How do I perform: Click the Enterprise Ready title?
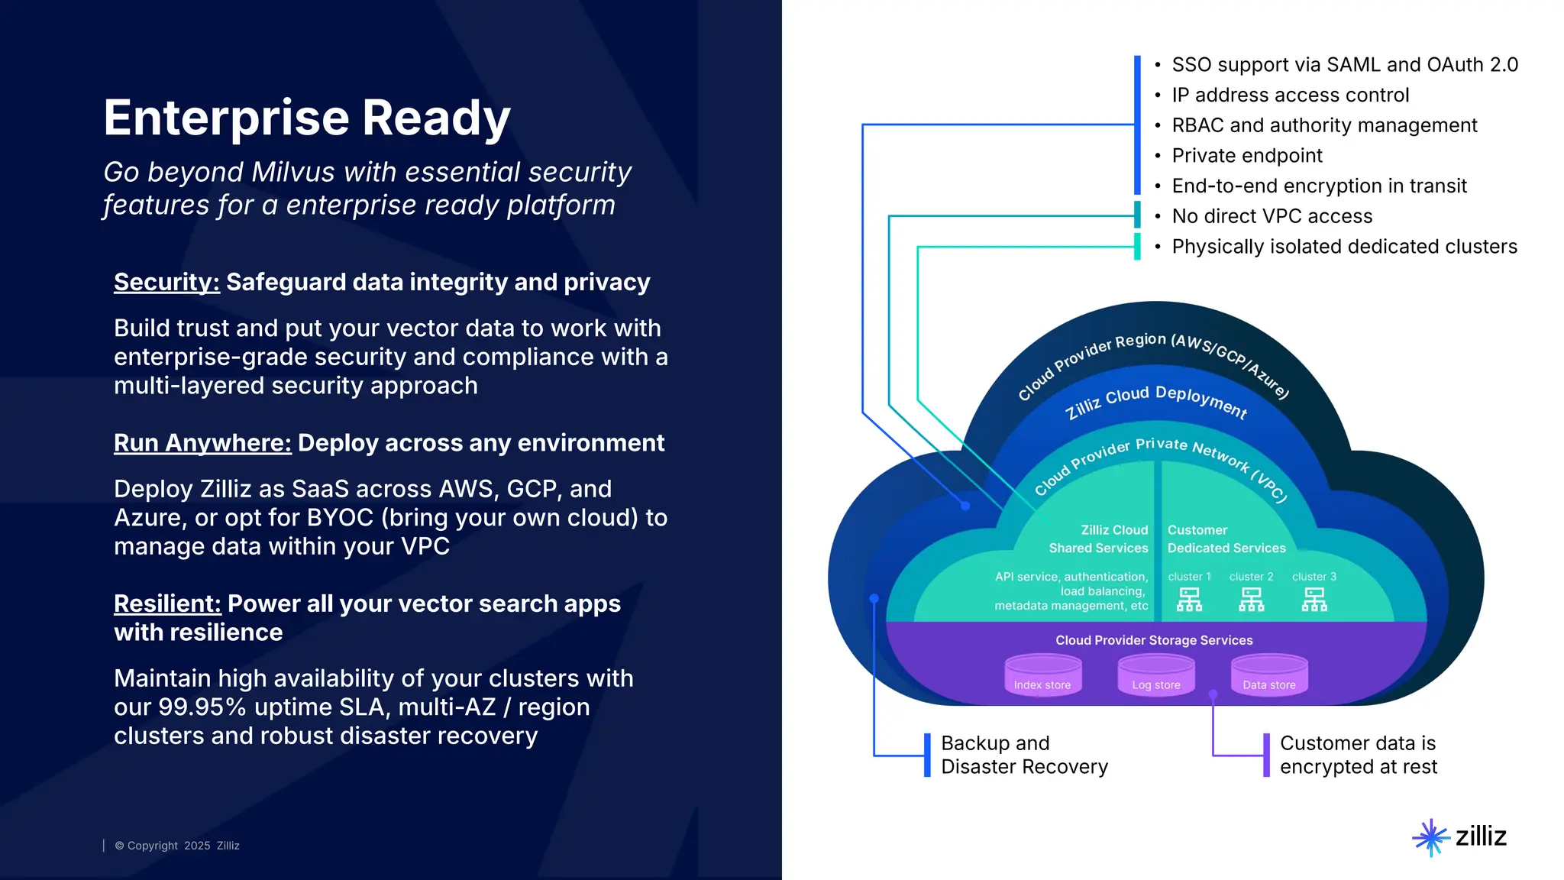306,118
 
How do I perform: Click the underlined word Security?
166,282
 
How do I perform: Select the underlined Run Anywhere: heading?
202,443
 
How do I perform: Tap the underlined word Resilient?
167,603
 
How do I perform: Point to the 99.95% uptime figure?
202,707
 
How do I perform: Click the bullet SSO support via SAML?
1344,65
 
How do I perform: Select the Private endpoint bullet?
1246,156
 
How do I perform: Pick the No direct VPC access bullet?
1272,216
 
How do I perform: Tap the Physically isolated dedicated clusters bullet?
1344,247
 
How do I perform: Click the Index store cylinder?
1042,675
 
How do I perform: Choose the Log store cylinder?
1155,675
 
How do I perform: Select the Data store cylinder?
1268,675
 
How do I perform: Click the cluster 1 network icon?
1189,599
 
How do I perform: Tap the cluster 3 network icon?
1314,599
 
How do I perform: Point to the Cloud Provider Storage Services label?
1154,640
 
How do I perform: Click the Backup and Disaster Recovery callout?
1023,755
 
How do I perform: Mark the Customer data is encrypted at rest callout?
1358,755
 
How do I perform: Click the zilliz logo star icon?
1430,837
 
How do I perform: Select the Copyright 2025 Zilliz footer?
177,846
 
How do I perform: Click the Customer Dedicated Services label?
1226,539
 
